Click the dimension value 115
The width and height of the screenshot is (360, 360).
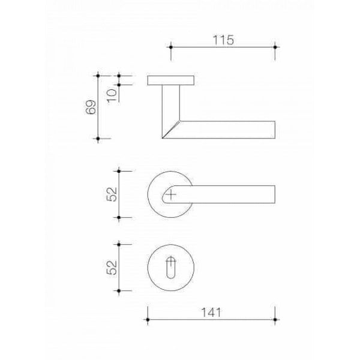pos(223,40)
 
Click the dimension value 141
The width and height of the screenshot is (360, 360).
pos(211,313)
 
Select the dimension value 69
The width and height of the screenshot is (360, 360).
pos(91,107)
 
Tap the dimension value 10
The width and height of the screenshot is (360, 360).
pos(112,95)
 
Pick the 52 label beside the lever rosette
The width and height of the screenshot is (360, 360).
pos(112,194)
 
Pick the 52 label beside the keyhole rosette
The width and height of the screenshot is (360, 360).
pos(112,268)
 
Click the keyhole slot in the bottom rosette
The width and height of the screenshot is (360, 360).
pos(170,268)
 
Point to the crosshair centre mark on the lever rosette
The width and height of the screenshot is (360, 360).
pos(171,194)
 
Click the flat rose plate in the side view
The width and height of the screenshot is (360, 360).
pos(171,80)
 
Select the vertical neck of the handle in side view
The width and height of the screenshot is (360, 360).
pos(171,103)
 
